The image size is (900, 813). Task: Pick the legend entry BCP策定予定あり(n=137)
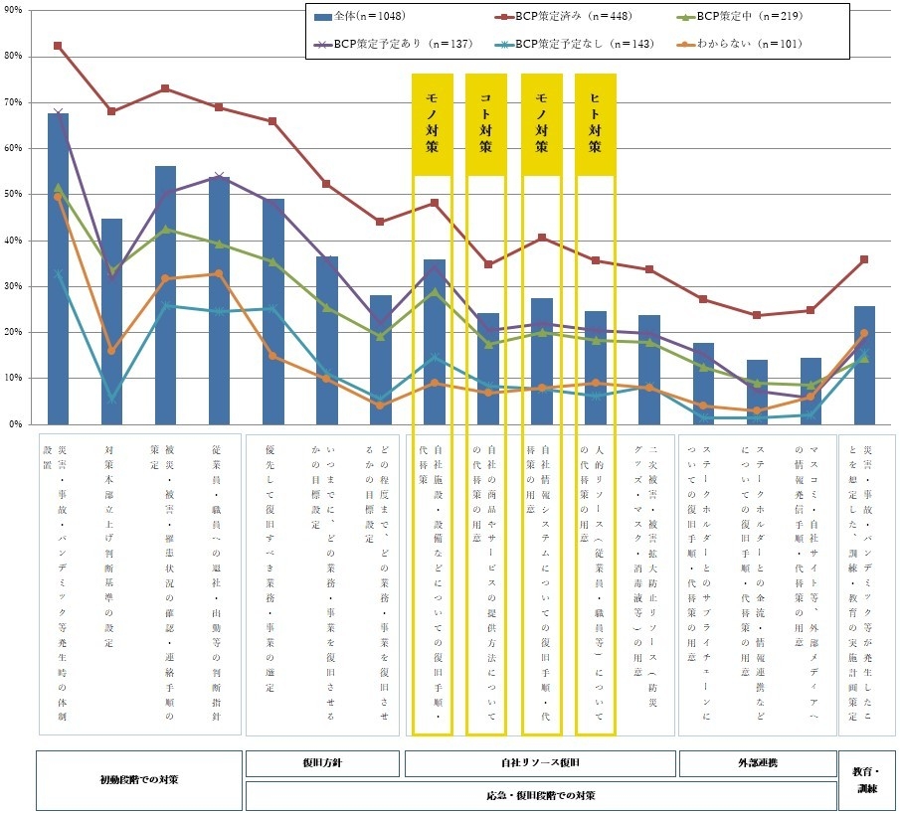pos(398,44)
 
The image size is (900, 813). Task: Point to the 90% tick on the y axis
pos(16,10)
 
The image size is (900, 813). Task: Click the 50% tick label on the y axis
pos(16,194)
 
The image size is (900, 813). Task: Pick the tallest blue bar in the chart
pos(58,268)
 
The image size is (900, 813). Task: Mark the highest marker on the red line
pos(58,46)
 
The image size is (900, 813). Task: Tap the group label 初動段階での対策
pos(139,779)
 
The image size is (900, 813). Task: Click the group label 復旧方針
pos(322,762)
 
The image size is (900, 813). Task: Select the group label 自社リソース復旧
pos(539,762)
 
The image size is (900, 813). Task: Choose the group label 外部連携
pos(756,762)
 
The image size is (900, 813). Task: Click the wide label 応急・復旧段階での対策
pos(539,795)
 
